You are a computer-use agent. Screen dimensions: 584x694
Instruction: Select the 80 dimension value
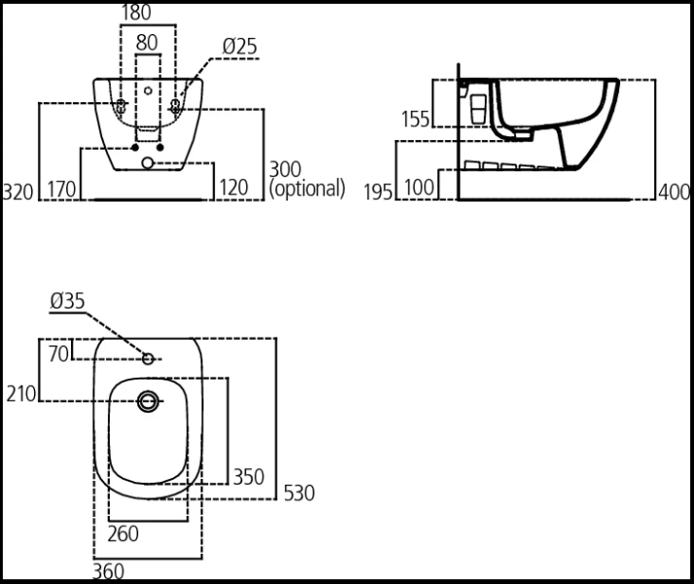146,43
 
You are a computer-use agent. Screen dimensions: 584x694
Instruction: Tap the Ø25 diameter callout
238,46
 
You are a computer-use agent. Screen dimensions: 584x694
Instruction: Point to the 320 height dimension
18,189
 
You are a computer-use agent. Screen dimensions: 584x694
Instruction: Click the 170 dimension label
61,189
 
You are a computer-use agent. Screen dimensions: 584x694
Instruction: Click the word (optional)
307,188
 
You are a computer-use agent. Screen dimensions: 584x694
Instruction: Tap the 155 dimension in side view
416,119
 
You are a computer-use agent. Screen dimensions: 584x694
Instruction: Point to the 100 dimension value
419,188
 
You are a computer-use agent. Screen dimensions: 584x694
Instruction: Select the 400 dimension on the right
674,192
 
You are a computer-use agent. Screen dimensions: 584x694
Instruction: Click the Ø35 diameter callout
67,303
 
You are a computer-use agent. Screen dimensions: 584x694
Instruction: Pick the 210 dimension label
20,393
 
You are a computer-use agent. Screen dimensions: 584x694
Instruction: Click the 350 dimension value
247,477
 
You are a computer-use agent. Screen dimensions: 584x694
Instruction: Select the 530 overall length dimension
298,493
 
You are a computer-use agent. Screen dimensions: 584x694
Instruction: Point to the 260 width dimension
123,532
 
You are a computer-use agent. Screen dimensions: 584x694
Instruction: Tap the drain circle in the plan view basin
149,399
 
